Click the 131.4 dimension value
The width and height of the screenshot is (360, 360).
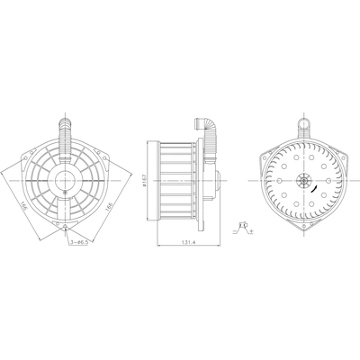point(184,242)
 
